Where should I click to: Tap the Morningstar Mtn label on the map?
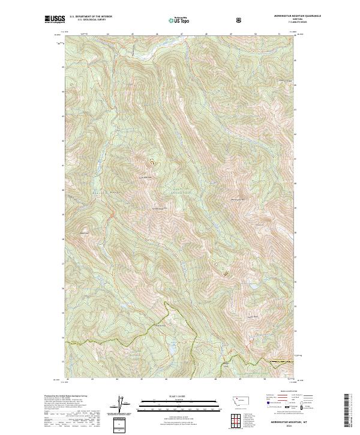(239, 199)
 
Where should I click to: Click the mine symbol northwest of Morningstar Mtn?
(151, 161)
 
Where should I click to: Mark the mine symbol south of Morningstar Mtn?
(226, 274)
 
